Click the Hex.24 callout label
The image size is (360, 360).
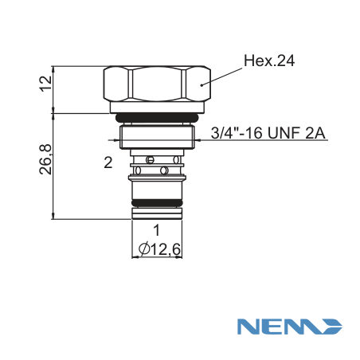pyautogui.click(x=269, y=61)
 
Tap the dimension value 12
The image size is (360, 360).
pyautogui.click(x=45, y=84)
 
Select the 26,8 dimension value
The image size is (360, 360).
pyautogui.click(x=45, y=159)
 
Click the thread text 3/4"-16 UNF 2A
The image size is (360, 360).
pyautogui.click(x=268, y=133)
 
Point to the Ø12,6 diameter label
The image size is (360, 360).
pyautogui.click(x=159, y=249)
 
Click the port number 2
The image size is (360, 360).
pyautogui.click(x=108, y=162)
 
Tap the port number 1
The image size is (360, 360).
pyautogui.click(x=157, y=230)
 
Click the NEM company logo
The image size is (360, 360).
pyautogui.click(x=290, y=327)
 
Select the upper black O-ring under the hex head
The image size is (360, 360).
pyautogui.click(x=157, y=117)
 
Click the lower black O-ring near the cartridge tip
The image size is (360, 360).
pyautogui.click(x=157, y=203)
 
